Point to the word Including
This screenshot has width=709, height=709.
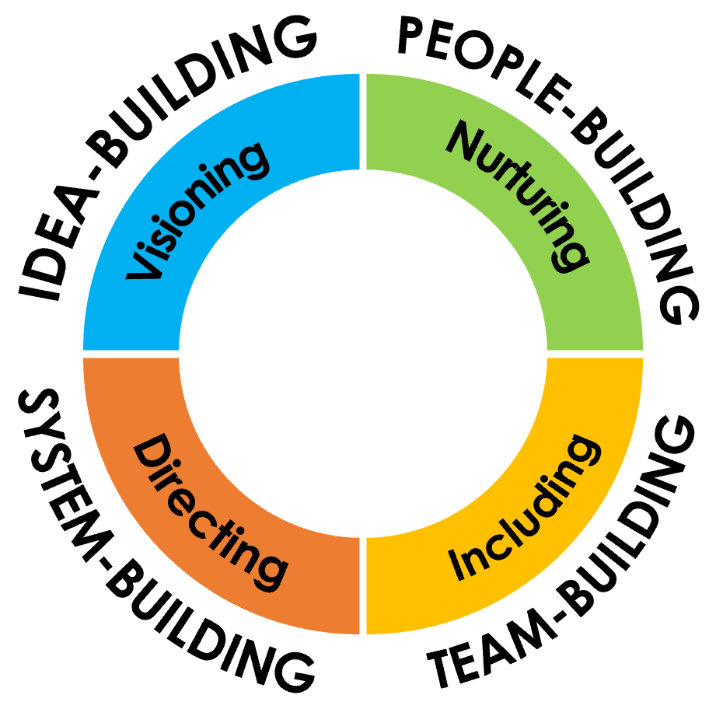(x=525, y=507)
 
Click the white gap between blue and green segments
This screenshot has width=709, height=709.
(x=362, y=121)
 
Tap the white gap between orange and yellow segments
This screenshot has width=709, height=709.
(x=362, y=586)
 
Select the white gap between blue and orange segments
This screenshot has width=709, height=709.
(x=131, y=354)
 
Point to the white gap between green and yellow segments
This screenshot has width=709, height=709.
(x=595, y=354)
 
